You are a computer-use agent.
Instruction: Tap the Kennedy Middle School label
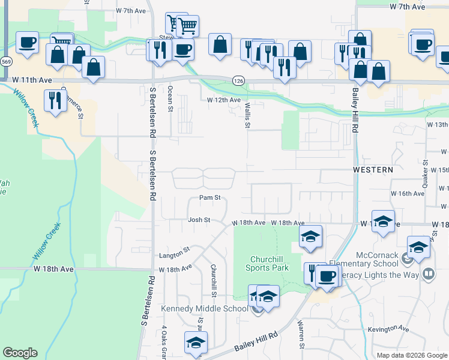click(204, 308)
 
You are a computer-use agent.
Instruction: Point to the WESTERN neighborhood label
click(373, 170)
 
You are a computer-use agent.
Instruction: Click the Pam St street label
click(211, 197)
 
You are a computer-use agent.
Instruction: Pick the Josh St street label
click(199, 220)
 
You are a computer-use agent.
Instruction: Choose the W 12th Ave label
click(224, 100)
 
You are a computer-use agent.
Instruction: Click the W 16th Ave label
click(408, 194)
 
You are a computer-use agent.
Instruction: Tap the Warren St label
click(301, 334)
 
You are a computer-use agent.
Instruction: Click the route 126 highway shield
click(238, 79)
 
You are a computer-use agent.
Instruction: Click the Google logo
click(20, 353)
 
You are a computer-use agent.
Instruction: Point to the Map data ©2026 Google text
click(411, 355)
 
